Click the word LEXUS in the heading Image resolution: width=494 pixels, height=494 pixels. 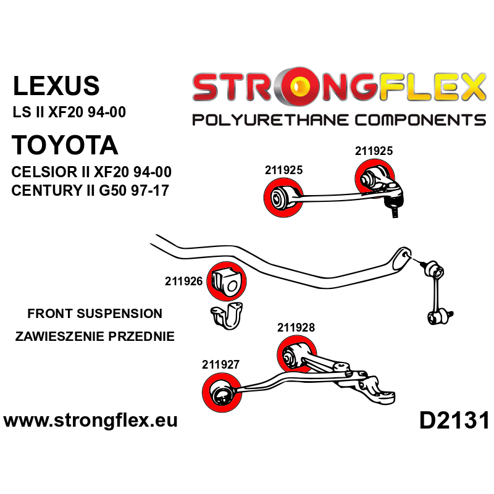pyautogui.click(x=56, y=86)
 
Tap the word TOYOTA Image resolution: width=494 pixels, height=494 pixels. pyautogui.click(x=65, y=146)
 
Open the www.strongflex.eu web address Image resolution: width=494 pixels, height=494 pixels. pyautogui.click(x=91, y=421)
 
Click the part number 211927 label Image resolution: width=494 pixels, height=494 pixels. pyautogui.click(x=221, y=365)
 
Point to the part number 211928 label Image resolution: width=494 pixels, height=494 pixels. pyautogui.click(x=296, y=328)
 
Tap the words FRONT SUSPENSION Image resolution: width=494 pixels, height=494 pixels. pyautogui.click(x=95, y=314)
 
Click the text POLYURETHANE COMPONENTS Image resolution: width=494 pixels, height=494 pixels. pyautogui.click(x=339, y=119)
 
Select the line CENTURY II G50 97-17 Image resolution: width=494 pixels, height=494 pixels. pyautogui.click(x=90, y=190)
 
